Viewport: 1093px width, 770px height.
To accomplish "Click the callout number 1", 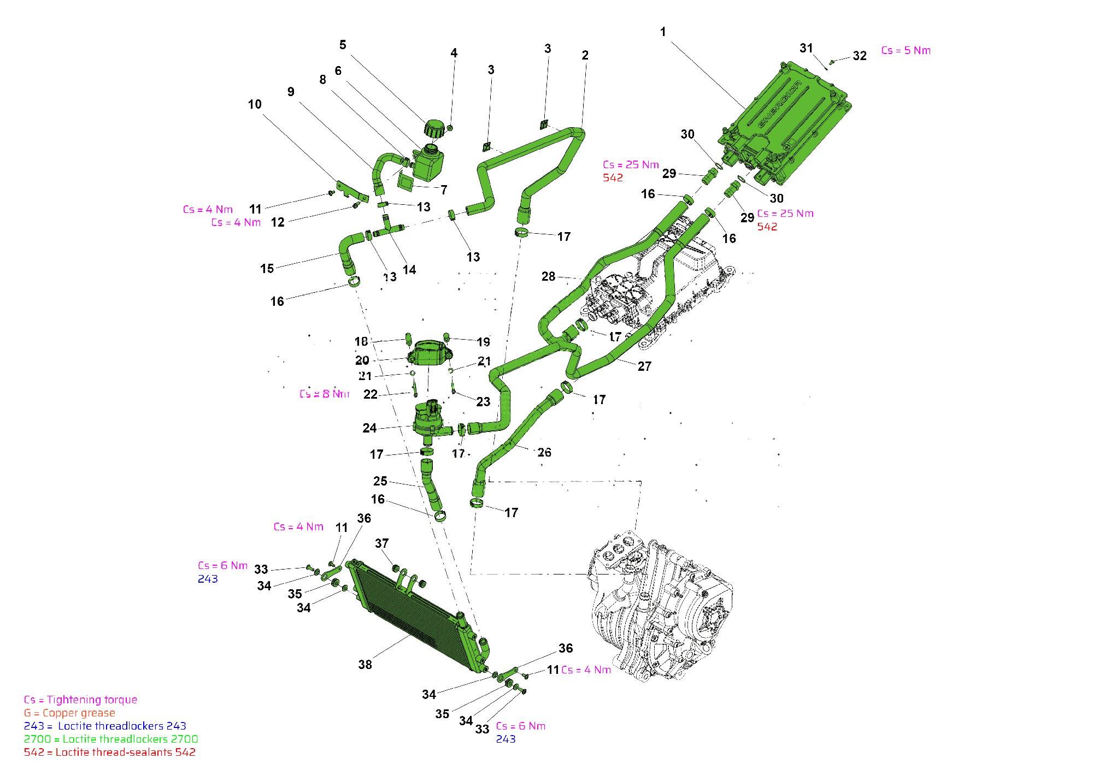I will (x=663, y=32).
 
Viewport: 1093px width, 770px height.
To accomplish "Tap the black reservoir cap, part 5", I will (x=434, y=130).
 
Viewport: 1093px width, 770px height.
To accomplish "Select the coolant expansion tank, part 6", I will (x=428, y=163).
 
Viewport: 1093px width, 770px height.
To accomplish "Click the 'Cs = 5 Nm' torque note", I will (x=906, y=51).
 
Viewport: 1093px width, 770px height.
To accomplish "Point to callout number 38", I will (x=365, y=665).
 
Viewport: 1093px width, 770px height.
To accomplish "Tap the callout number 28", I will (x=548, y=277).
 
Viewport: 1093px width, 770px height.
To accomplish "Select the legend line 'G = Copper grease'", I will (x=69, y=713).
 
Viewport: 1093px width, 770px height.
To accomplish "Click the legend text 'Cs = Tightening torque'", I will (x=80, y=700).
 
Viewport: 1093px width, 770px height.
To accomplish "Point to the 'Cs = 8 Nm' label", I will (x=324, y=394).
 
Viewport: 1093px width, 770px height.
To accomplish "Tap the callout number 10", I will (x=255, y=104).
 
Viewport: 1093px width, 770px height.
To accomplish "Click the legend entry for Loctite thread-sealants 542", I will (x=109, y=753).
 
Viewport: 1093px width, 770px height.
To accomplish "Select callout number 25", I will (x=380, y=481).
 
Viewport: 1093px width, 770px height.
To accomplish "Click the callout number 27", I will (x=644, y=366).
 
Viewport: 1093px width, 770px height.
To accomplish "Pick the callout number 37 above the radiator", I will (x=381, y=543).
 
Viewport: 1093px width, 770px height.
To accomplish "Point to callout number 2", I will (x=585, y=55).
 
